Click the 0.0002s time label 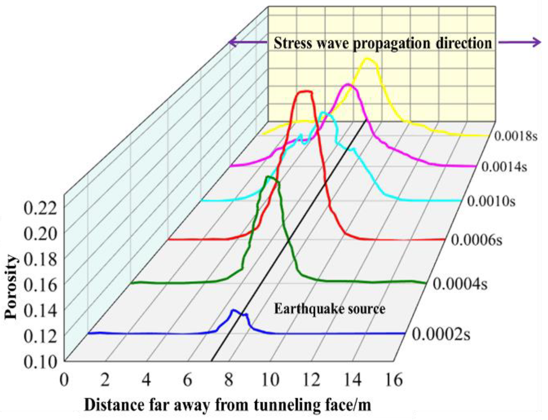[441, 334]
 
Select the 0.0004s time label [460, 284]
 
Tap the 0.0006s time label [476, 240]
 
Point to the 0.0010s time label [491, 201]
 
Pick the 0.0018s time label [515, 136]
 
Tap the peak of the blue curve [234, 310]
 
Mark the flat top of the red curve [305, 92]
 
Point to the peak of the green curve [268, 177]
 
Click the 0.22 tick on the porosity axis [40, 208]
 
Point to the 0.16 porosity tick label [40, 285]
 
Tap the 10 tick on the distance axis [270, 380]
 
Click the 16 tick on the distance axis [394, 380]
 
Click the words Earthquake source [329, 309]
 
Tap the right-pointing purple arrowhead [537, 42]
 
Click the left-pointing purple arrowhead [232, 42]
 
